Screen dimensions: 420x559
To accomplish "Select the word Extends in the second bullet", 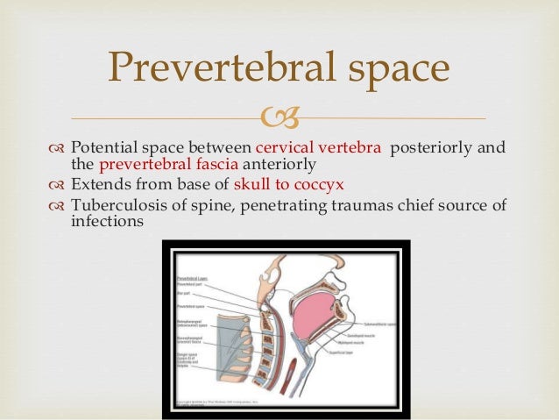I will click(97, 185).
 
